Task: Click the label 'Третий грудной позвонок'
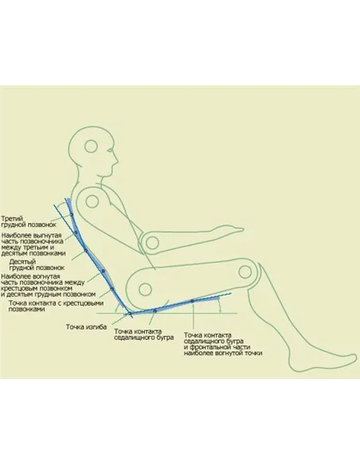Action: pyautogui.click(x=29, y=221)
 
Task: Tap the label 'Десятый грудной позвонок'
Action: pyautogui.click(x=37, y=265)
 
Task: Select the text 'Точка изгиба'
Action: pyautogui.click(x=86, y=326)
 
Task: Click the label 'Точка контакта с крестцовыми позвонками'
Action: pyautogui.click(x=56, y=306)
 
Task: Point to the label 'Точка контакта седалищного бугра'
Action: pyautogui.click(x=144, y=334)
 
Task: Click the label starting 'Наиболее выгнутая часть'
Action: pyautogui.click(x=33, y=244)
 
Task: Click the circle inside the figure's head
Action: pyautogui.click(x=91, y=147)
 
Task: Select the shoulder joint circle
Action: pyautogui.click(x=92, y=201)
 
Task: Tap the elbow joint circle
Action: pyautogui.click(x=152, y=243)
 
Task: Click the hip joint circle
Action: pyautogui.click(x=145, y=289)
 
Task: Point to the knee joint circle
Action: pyautogui.click(x=245, y=272)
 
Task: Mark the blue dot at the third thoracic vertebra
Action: pyautogui.click(x=72, y=215)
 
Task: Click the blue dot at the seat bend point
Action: pyautogui.click(x=130, y=313)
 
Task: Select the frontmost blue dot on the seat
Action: pyautogui.click(x=192, y=301)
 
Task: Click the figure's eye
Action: pyautogui.click(x=110, y=150)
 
